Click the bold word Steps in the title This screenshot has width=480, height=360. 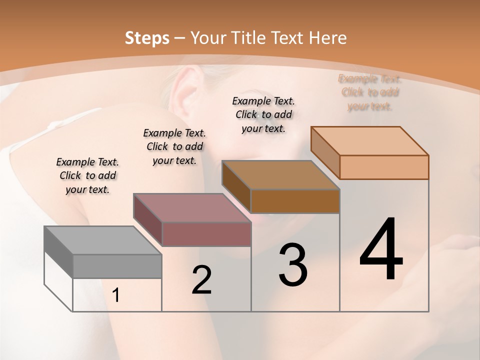147,38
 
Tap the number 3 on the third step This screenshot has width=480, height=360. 293,265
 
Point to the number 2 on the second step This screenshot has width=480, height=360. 201,280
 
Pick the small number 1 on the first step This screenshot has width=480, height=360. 116,295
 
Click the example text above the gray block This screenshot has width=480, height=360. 87,175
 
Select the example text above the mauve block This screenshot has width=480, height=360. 174,146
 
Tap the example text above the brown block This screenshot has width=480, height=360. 263,114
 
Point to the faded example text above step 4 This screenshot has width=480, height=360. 370,92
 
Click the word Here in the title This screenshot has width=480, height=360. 328,38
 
